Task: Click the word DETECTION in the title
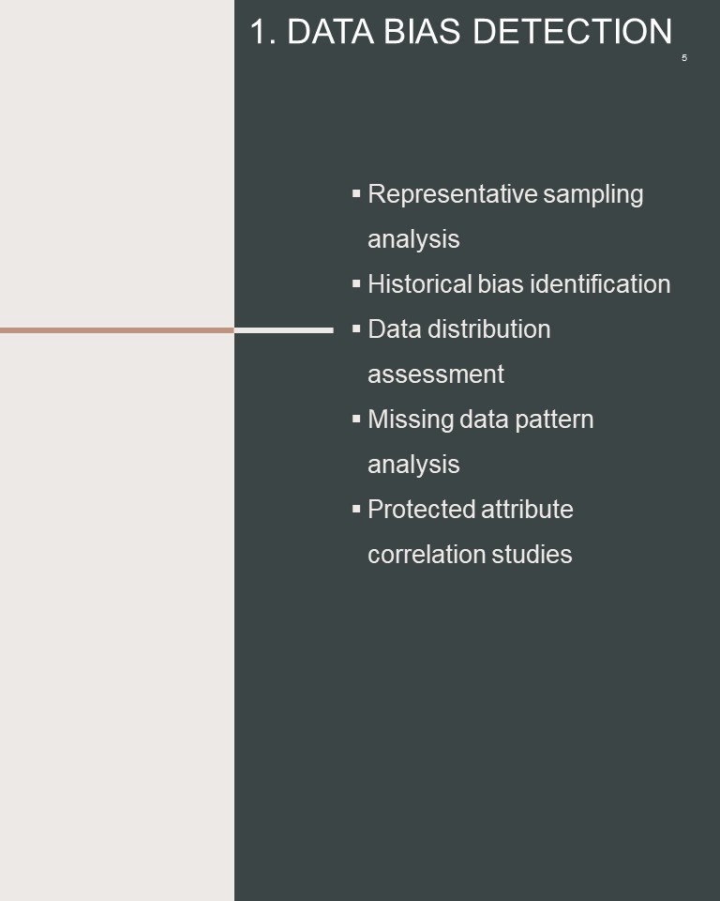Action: click(x=572, y=31)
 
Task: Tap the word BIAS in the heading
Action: click(x=422, y=31)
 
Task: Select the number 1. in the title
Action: click(x=262, y=31)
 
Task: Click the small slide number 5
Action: click(x=684, y=58)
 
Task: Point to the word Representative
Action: click(x=453, y=194)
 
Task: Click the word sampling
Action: click(x=593, y=195)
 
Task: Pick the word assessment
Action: click(x=436, y=374)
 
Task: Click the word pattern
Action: click(x=554, y=420)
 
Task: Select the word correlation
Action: click(x=427, y=555)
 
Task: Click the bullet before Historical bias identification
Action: click(x=356, y=283)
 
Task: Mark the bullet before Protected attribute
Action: click(x=356, y=509)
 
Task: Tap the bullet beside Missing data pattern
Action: click(x=356, y=419)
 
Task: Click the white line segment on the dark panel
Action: click(x=284, y=330)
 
